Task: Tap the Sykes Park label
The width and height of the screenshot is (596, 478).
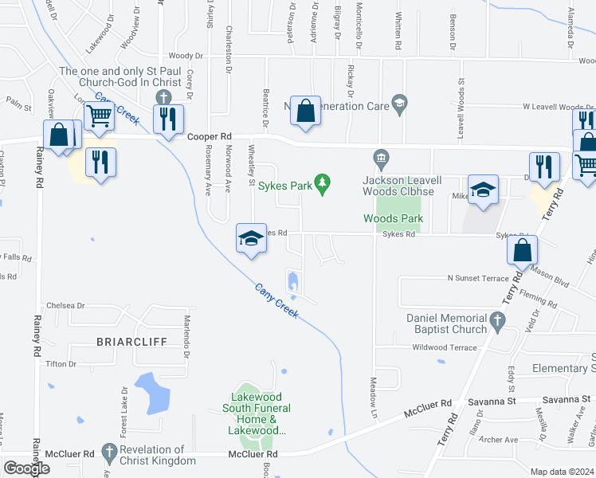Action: (x=289, y=186)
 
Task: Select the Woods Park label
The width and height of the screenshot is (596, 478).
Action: (x=392, y=218)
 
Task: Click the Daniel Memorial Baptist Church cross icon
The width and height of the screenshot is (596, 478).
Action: (x=497, y=323)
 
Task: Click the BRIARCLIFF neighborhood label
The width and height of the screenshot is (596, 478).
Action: (x=131, y=342)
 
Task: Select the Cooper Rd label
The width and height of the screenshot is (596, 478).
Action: (x=209, y=137)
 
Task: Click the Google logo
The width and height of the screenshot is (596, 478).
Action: (x=26, y=468)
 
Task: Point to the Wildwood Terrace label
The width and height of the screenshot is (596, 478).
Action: (x=445, y=347)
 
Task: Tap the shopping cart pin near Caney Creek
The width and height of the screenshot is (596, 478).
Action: (x=100, y=117)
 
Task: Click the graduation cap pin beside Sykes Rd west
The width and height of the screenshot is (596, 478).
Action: (x=250, y=238)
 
